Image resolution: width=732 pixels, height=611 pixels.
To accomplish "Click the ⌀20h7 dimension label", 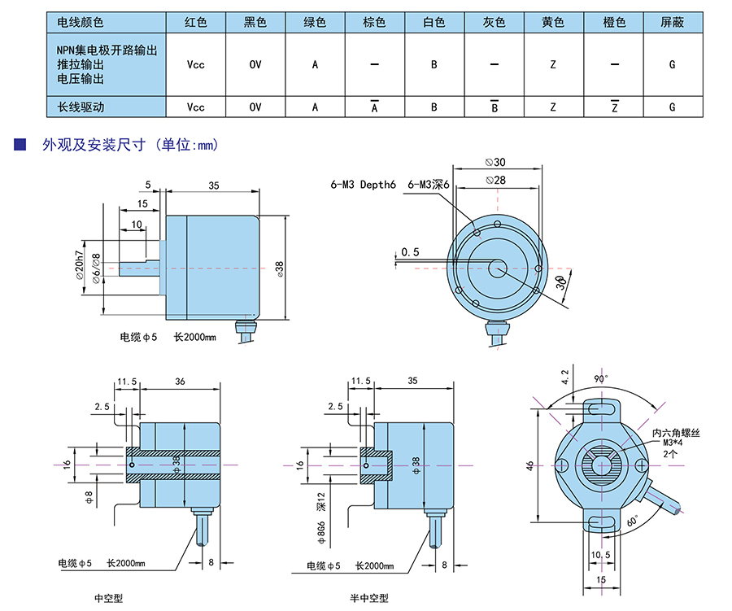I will (81, 264).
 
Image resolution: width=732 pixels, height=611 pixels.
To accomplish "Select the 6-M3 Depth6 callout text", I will (363, 185).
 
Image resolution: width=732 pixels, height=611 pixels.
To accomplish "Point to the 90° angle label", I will (599, 379).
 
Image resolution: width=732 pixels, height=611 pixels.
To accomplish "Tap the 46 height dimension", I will (530, 465).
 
